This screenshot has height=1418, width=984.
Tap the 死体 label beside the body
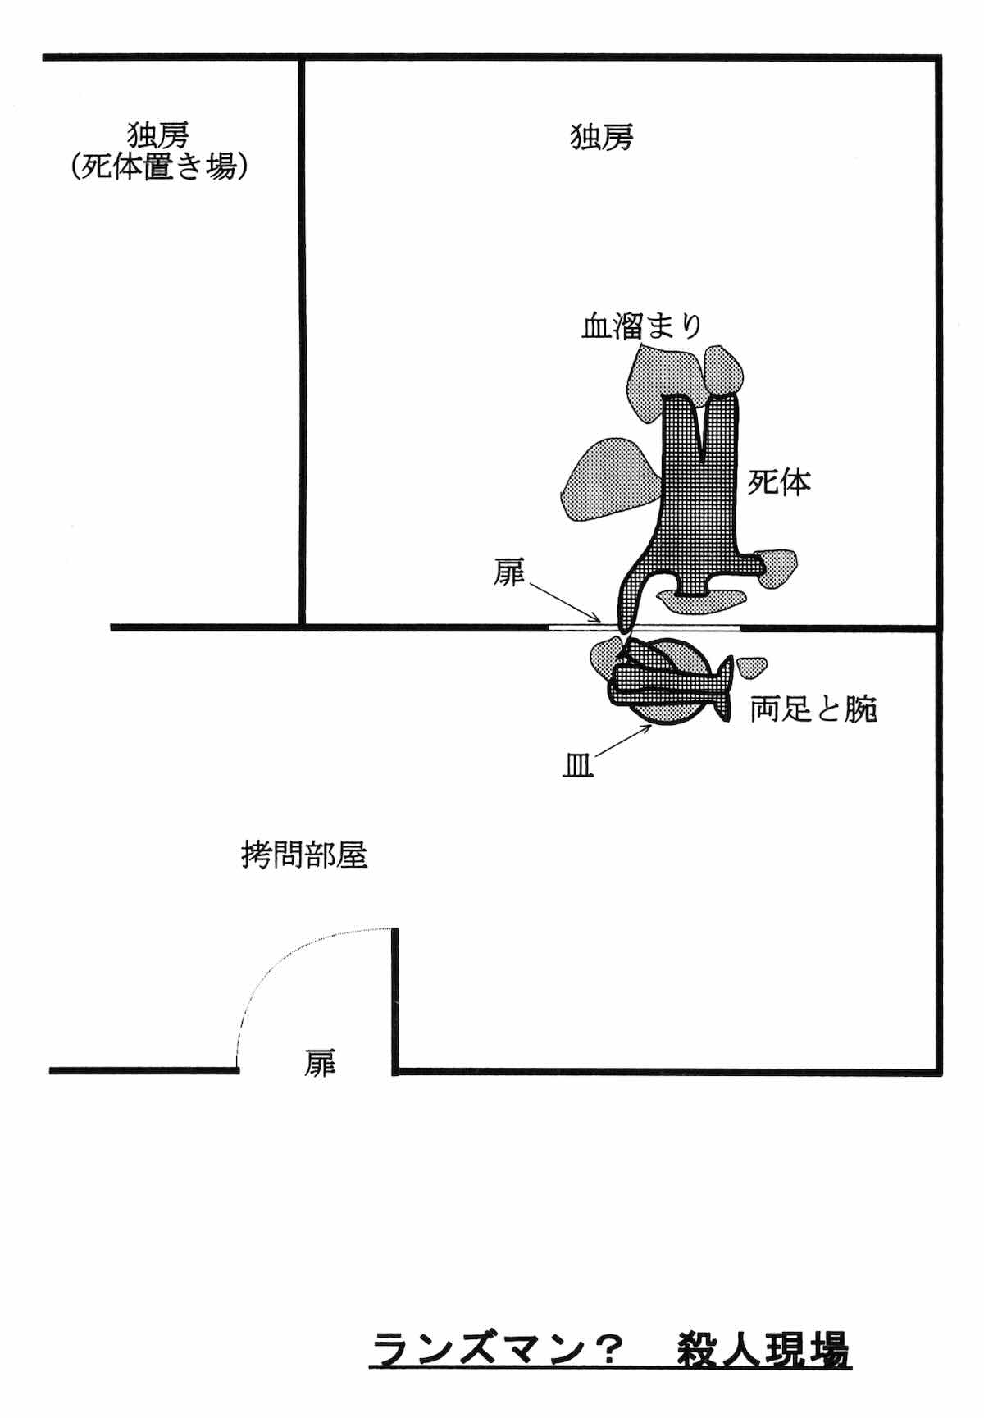[x=778, y=482]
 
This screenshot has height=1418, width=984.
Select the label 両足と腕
[x=813, y=709]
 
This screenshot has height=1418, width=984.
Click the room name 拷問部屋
[x=304, y=856]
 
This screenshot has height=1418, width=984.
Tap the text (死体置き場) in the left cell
[x=158, y=166]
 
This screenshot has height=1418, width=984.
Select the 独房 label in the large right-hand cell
[x=602, y=137]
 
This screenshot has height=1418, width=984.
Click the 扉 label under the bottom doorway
[x=320, y=1064]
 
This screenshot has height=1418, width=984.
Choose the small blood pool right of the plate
[x=751, y=666]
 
